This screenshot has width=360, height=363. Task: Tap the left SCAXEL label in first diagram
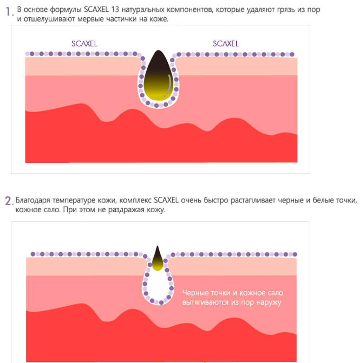point(84,43)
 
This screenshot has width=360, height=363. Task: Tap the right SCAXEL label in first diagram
point(226,43)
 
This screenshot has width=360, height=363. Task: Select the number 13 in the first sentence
point(115,10)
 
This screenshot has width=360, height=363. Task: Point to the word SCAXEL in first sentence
point(96,10)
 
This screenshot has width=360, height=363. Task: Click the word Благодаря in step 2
point(32,200)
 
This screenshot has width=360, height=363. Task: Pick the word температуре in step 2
point(74,201)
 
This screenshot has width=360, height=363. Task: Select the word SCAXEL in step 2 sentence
point(166,200)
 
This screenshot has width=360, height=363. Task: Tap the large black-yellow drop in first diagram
point(159,76)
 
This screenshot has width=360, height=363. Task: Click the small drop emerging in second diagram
point(158,258)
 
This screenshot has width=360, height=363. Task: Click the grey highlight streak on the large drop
point(169,85)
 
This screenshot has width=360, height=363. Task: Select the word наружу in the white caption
point(269,302)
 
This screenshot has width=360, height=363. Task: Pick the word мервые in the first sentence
point(90,19)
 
